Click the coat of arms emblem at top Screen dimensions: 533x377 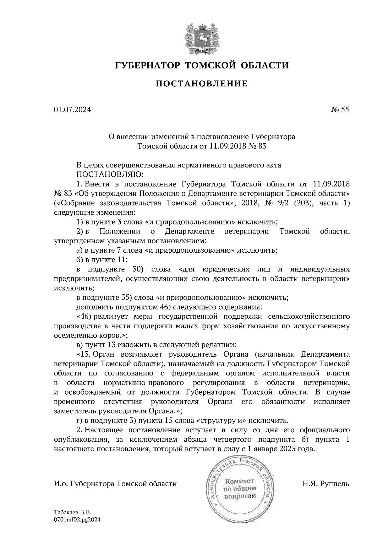click(x=201, y=37)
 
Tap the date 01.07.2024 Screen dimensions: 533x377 click(x=72, y=110)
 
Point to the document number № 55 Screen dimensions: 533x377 click(x=340, y=110)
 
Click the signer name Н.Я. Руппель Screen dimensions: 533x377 click(x=325, y=484)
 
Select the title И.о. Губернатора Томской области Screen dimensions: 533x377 click(x=115, y=484)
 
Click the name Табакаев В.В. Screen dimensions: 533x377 click(x=72, y=512)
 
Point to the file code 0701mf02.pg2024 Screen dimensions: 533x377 click(x=77, y=520)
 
